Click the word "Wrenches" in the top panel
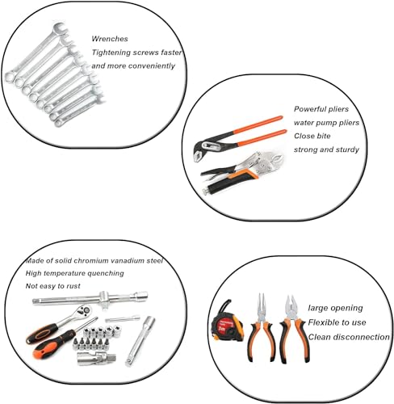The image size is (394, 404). [x=110, y=38]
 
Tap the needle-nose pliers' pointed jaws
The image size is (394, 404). [x=259, y=305]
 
